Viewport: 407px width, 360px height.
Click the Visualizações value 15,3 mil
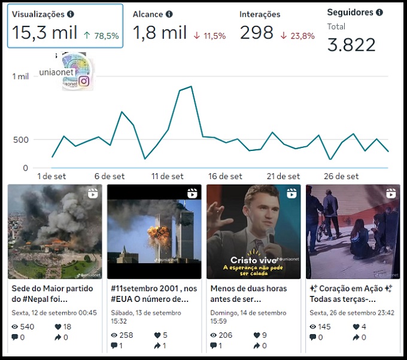point(44,33)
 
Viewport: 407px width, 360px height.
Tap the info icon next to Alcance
point(169,14)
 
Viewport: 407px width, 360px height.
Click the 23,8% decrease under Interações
point(296,36)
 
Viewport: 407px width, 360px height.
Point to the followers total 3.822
point(352,44)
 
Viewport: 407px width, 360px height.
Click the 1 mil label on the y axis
point(20,76)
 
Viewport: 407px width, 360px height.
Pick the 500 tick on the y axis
point(21,140)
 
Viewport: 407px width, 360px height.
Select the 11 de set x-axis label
point(168,177)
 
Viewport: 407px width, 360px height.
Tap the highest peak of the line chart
point(190,87)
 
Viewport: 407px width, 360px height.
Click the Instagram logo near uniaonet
point(84,81)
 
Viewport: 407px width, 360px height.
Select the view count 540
point(28,326)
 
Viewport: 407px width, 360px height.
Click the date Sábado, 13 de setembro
point(146,313)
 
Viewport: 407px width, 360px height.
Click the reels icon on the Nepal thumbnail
point(92,193)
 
